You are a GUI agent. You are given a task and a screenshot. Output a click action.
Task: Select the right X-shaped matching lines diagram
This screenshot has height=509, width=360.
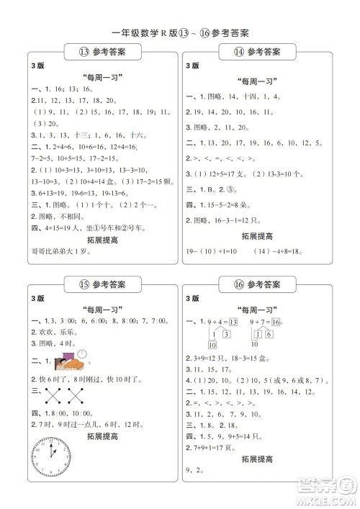coord(76,394)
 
